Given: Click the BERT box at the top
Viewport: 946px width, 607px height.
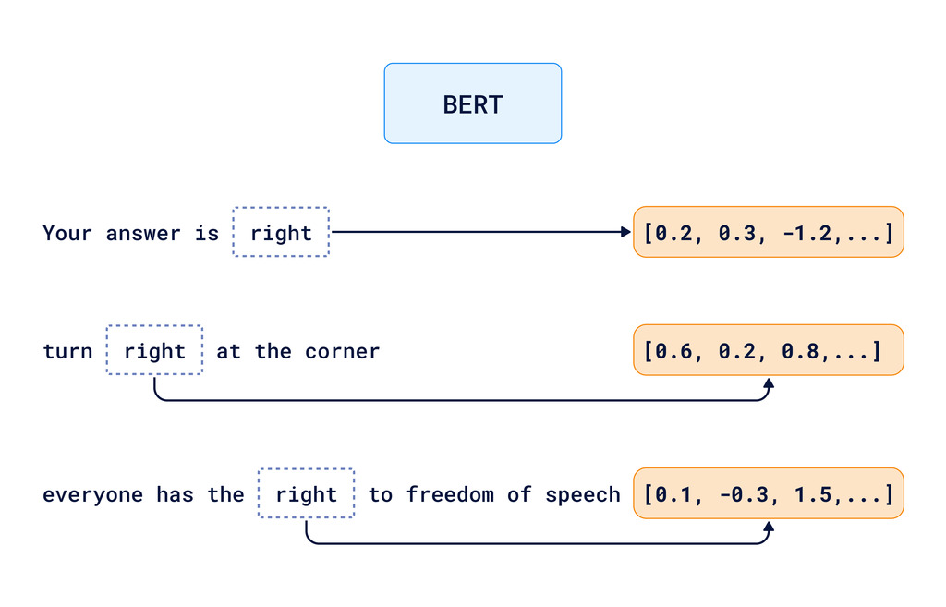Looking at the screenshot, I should pos(472,103).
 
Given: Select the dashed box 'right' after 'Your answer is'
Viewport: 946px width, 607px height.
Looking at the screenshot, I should pos(281,232).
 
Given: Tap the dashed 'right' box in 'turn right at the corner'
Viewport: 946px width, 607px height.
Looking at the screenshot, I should pos(154,350).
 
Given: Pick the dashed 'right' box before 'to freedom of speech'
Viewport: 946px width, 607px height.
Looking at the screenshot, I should pos(306,494).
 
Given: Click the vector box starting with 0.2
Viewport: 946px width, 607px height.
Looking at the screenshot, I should pos(768,232).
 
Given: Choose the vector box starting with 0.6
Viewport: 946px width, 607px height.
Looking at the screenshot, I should pos(768,350).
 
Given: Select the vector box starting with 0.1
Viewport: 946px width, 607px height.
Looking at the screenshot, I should pos(768,494).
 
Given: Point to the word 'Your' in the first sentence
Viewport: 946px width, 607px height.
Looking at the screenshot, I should pos(67,233).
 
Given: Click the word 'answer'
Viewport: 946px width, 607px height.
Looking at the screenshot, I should pos(143,233).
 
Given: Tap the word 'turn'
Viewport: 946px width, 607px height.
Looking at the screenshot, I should pos(67,351).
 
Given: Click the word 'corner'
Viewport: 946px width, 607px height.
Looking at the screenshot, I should pos(343,351).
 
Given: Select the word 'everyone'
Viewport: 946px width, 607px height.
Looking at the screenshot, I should pos(92,494).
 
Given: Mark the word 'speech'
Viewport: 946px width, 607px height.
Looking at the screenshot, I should pos(582,494).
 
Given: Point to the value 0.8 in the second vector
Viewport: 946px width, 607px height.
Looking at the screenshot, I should pos(800,351).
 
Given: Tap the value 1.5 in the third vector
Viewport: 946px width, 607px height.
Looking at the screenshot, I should pos(813,494).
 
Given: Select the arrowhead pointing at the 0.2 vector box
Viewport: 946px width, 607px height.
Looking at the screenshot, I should pos(626,232).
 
